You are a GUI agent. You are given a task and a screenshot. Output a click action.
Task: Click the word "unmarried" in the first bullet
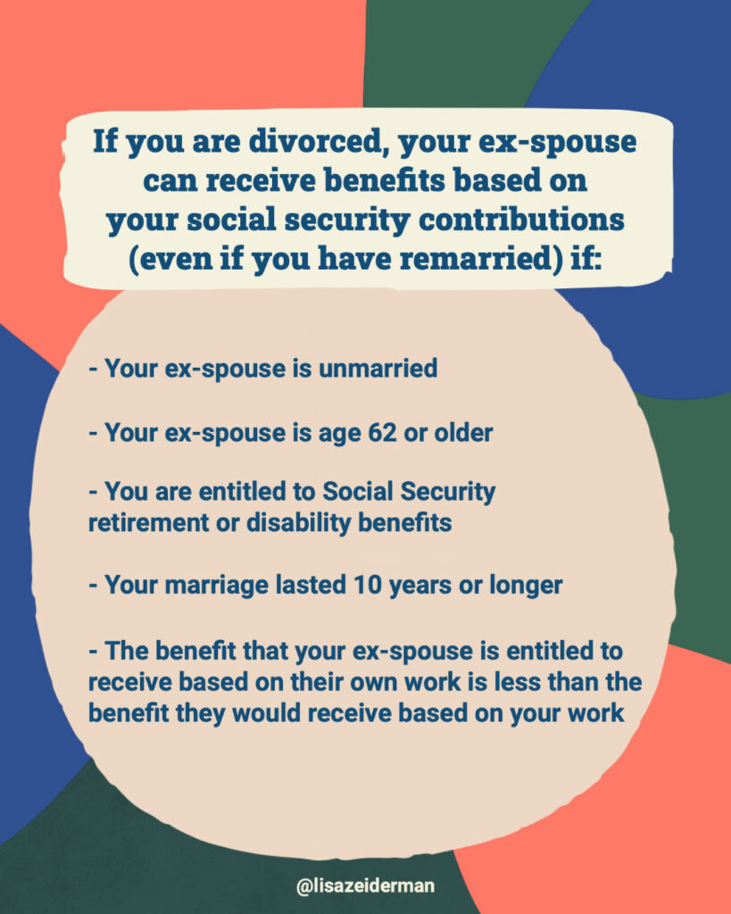378,369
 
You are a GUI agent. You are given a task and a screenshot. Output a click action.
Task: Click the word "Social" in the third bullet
357,492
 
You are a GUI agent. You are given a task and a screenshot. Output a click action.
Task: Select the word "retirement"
148,522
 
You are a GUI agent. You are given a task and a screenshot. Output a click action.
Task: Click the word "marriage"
216,586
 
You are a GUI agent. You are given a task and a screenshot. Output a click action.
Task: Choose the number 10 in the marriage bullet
367,585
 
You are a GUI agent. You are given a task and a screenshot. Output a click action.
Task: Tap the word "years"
420,586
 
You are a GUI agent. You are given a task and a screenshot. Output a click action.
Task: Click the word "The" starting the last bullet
127,651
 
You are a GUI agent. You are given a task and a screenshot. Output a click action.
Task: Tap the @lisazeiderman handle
366,886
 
